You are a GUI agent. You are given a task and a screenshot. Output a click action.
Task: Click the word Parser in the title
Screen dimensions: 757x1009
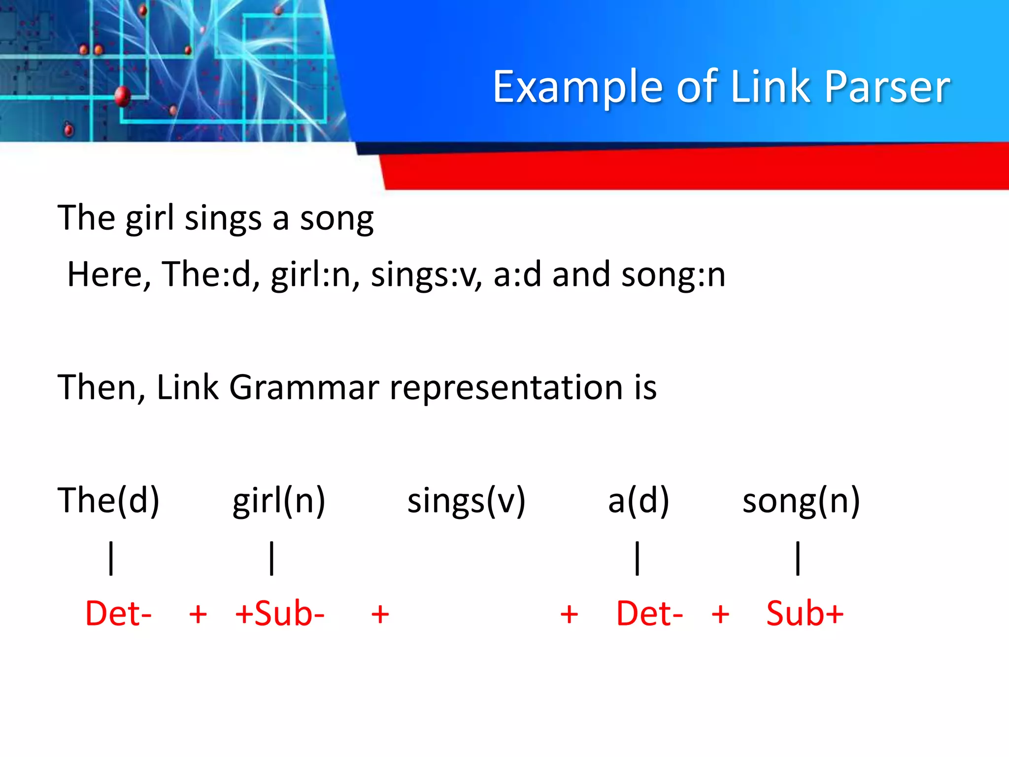click(x=887, y=87)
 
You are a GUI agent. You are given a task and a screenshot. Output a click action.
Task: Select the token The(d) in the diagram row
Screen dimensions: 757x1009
click(x=108, y=500)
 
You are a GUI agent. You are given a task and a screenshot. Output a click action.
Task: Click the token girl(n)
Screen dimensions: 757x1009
click(x=279, y=500)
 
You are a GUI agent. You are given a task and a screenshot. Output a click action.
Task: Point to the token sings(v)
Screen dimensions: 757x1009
click(x=466, y=500)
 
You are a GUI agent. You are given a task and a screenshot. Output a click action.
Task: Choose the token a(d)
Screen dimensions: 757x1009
click(x=639, y=500)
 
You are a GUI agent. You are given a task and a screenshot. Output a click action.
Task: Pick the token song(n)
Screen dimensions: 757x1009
click(x=801, y=500)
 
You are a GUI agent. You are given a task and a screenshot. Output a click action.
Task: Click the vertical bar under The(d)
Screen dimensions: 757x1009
click(x=111, y=558)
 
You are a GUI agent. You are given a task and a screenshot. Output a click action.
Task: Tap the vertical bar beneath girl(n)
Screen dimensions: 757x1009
click(x=272, y=558)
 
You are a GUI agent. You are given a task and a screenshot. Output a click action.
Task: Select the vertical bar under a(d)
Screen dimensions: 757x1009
click(x=638, y=558)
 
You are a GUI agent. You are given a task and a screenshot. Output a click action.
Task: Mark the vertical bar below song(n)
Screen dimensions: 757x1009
click(x=798, y=558)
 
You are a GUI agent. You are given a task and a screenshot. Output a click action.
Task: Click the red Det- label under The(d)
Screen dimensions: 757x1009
click(x=118, y=614)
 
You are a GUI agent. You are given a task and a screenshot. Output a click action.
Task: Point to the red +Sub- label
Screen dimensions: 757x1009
click(x=280, y=614)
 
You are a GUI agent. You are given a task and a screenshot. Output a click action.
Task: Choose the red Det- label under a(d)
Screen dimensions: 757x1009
click(x=649, y=614)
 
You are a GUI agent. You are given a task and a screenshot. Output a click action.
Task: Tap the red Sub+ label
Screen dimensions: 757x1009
click(x=805, y=614)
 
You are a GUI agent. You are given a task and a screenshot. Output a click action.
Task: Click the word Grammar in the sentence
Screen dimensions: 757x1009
click(x=304, y=387)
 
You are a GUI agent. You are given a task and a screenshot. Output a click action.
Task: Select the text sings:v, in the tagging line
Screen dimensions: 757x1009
click(x=426, y=275)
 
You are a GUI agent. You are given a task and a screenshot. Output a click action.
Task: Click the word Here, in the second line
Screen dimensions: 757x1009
click(x=109, y=275)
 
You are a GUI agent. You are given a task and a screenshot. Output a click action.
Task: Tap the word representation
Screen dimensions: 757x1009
click(x=506, y=387)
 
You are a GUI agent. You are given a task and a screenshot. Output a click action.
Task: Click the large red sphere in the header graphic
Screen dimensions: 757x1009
click(x=122, y=96)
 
